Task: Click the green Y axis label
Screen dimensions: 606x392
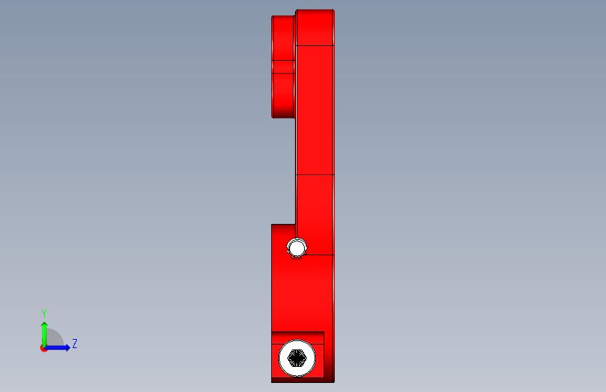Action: pos(44,314)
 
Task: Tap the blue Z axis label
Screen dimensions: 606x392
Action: pos(75,343)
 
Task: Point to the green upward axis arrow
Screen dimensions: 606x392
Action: pos(45,333)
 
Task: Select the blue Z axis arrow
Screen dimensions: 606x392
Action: pos(57,347)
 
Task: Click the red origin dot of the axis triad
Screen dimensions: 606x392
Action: pos(43,348)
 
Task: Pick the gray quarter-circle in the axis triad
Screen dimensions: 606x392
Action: pos(54,338)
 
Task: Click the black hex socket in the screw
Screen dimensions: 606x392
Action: pos(297,358)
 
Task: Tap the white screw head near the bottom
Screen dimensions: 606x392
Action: pos(297,358)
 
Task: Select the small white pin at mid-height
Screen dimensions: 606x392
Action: pos(297,248)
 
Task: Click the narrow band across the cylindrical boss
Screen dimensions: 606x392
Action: pos(283,67)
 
